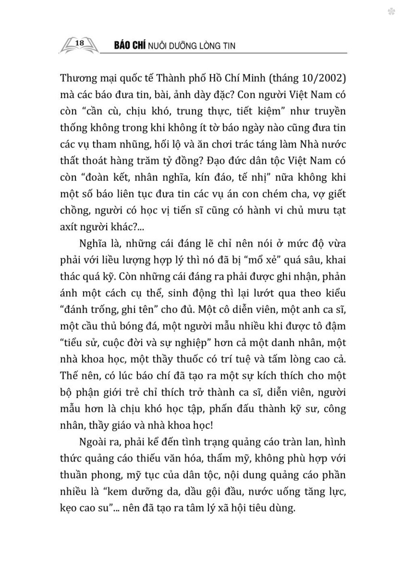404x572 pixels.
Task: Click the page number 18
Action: pos(80,43)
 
